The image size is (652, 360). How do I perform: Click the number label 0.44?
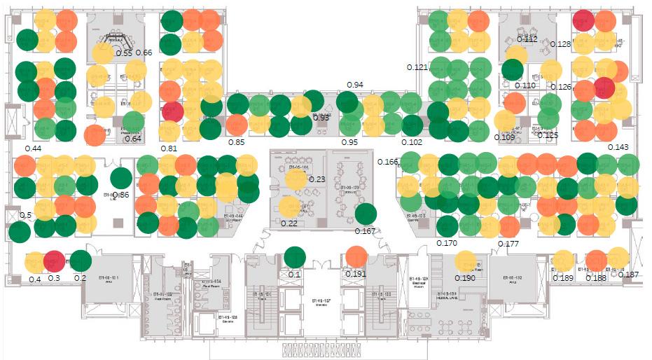[x=33, y=148]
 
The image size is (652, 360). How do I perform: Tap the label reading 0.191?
[x=356, y=274]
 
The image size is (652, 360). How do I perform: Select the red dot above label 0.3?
[x=54, y=261]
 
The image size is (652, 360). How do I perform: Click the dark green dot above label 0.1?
[x=295, y=257]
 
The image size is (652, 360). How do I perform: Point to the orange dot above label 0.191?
[x=356, y=257]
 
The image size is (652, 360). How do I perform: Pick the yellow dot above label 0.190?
[x=465, y=261]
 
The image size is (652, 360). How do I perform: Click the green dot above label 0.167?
[x=366, y=214]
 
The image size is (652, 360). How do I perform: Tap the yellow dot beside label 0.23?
[x=296, y=179]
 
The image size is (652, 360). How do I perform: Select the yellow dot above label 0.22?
[x=289, y=207]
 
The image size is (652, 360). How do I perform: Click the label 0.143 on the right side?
[x=618, y=147]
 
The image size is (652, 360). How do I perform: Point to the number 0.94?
[x=355, y=85]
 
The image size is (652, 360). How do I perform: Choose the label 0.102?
[x=412, y=142]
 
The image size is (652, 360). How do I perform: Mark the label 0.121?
[x=417, y=67]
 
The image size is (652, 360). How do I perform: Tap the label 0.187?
[x=628, y=275]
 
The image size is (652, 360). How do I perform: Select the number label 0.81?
[x=168, y=148]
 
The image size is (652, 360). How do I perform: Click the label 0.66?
[x=144, y=53]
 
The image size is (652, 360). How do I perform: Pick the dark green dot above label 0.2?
[x=81, y=261]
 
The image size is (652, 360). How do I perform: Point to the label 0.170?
[x=446, y=243]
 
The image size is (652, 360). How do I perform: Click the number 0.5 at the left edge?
[x=25, y=215]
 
